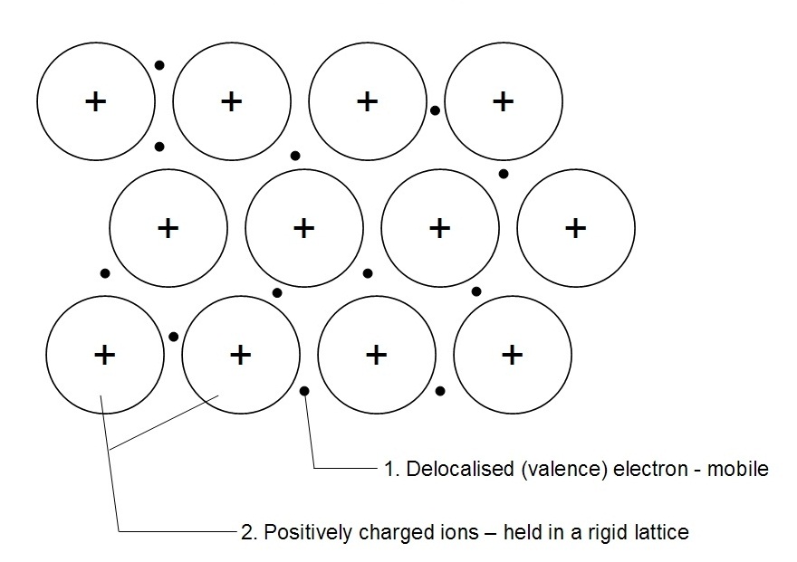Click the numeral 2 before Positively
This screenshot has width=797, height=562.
pyautogui.click(x=246, y=532)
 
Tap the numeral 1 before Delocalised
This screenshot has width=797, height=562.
pyautogui.click(x=388, y=469)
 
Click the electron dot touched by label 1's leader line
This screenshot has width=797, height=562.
pyautogui.click(x=304, y=391)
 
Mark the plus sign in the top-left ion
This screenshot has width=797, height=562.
pyautogui.click(x=95, y=100)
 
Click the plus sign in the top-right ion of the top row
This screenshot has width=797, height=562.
pyautogui.click(x=503, y=100)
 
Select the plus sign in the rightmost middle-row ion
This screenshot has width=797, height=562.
pyautogui.click(x=575, y=227)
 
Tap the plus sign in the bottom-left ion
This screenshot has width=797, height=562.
pyautogui.click(x=104, y=354)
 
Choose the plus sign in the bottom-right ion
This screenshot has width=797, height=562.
pyautogui.click(x=512, y=354)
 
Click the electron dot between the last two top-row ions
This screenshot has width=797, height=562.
pyautogui.click(x=436, y=110)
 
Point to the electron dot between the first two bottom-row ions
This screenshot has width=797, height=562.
pyautogui.click(x=173, y=337)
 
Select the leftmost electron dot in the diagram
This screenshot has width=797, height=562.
pyautogui.click(x=105, y=272)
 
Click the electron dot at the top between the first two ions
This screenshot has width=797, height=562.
pyautogui.click(x=159, y=64)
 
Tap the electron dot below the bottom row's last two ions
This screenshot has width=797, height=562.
pyautogui.click(x=440, y=391)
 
